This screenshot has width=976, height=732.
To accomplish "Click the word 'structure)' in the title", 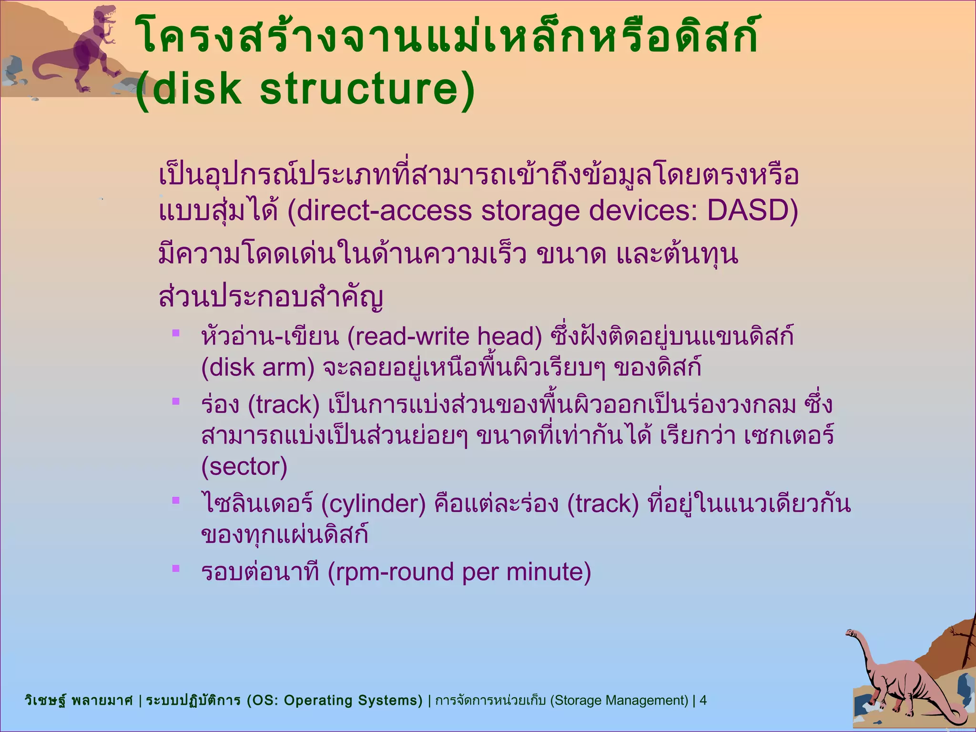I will (x=367, y=89).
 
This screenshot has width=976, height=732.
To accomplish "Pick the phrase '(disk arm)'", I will (x=258, y=367).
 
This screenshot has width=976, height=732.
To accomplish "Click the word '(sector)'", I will (x=244, y=467).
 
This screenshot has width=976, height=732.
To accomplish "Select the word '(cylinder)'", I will (x=373, y=504).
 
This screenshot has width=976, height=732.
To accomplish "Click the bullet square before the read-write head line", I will (x=176, y=333).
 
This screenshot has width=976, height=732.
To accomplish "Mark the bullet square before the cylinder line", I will (x=176, y=500).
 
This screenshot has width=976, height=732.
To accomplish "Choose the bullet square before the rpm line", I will (x=176, y=568).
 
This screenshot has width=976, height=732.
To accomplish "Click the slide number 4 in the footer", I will (x=703, y=700).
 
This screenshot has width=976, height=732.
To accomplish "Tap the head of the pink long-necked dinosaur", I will (x=850, y=633).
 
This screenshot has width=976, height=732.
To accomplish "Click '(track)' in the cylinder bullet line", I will (x=603, y=504).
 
